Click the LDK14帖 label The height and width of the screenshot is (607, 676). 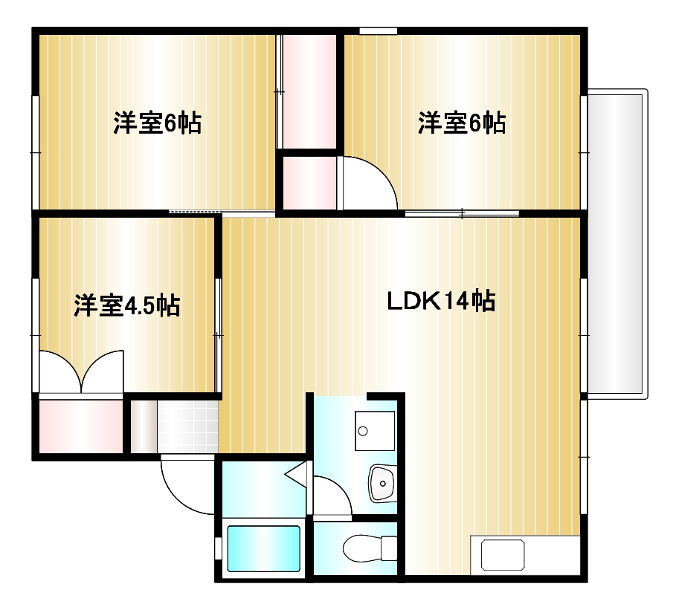[x=441, y=302]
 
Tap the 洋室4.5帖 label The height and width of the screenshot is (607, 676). [x=126, y=305]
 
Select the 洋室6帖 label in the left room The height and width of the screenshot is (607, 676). [x=157, y=123]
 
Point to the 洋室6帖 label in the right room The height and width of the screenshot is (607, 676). [x=461, y=123]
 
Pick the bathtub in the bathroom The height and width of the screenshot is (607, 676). [x=263, y=548]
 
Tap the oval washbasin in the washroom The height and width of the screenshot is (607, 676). [x=383, y=484]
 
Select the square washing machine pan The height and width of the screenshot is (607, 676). [x=374, y=431]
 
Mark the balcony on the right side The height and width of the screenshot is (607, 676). [x=617, y=241]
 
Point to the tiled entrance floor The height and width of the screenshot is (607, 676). [x=187, y=426]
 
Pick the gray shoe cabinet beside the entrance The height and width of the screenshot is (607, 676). [x=143, y=426]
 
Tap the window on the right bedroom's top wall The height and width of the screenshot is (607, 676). [x=378, y=31]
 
